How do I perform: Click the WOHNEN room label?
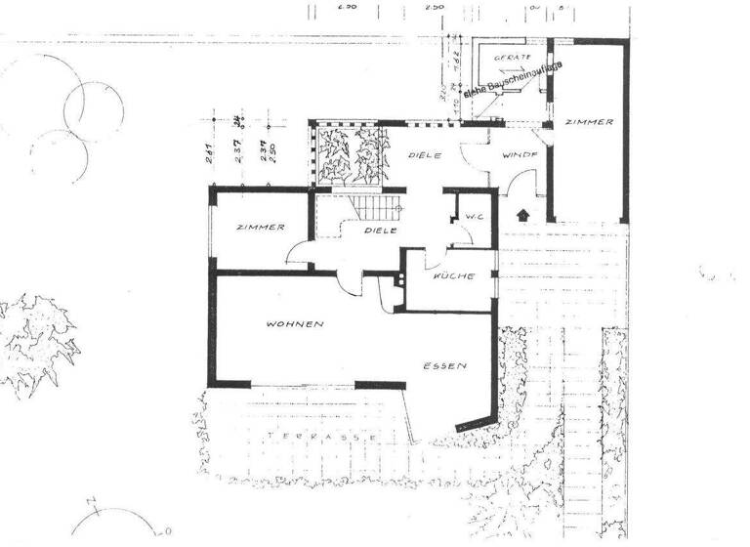[x=295, y=323]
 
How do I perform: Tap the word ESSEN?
[x=444, y=366]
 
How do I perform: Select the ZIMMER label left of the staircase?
[x=261, y=228]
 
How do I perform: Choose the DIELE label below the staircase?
[x=379, y=231]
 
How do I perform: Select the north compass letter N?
[x=91, y=505]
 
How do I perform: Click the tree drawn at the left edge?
[x=39, y=337]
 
